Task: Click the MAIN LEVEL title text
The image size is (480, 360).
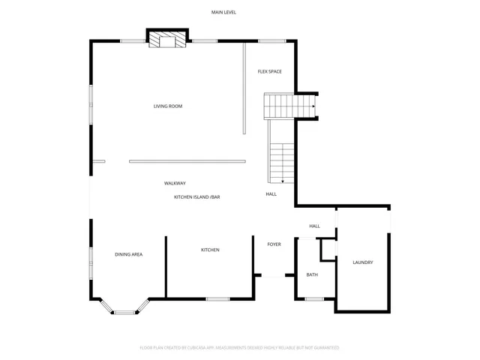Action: click(x=223, y=13)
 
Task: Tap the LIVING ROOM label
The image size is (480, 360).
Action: click(x=168, y=106)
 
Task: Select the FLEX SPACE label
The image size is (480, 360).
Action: click(x=269, y=71)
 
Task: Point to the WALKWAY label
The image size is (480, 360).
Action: click(x=175, y=184)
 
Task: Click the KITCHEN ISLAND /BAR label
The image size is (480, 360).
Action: click(x=196, y=196)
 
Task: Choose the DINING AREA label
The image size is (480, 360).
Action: click(x=128, y=255)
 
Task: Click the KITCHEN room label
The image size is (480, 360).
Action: click(x=210, y=250)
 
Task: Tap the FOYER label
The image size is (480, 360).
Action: click(x=274, y=244)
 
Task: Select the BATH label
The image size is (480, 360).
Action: click(x=312, y=275)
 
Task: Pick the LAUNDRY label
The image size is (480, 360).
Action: click(x=363, y=262)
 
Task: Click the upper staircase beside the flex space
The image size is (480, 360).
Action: click(x=289, y=106)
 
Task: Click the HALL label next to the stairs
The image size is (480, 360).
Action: click(x=271, y=194)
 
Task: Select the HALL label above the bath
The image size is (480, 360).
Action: click(x=314, y=226)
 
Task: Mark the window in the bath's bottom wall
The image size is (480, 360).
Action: click(x=314, y=299)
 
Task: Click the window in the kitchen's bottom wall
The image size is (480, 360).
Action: click(x=217, y=299)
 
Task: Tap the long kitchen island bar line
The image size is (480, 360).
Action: click(x=187, y=160)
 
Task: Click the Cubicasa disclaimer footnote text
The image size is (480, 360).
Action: click(x=239, y=348)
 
